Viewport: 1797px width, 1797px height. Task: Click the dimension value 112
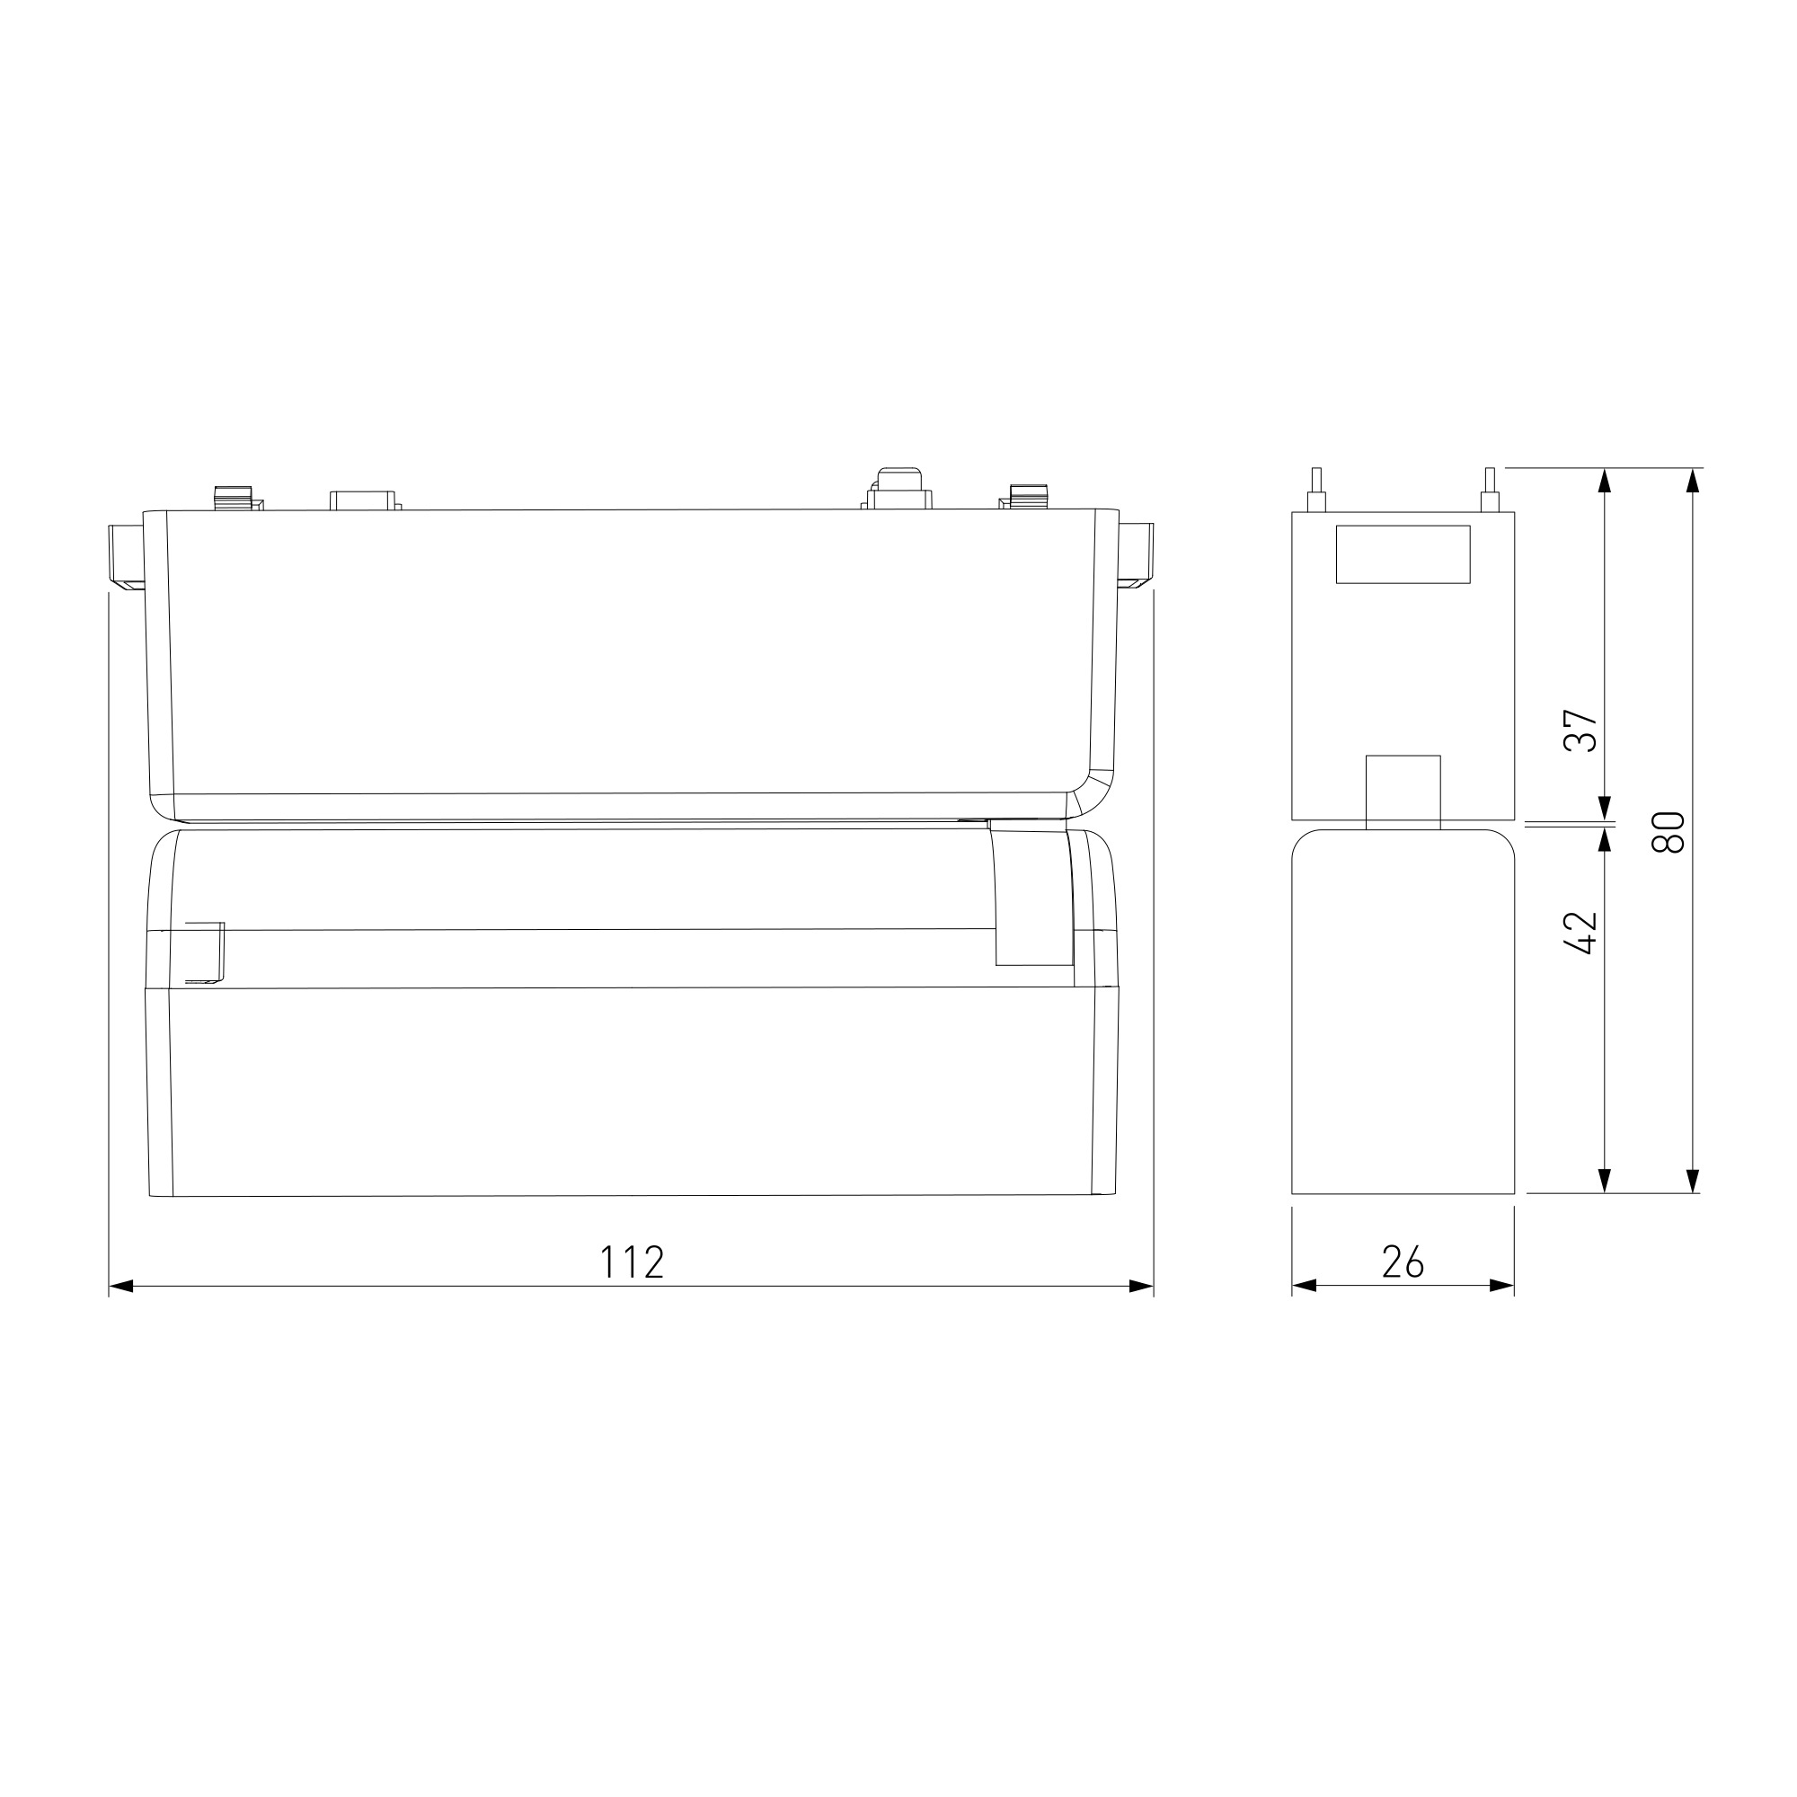tap(633, 1262)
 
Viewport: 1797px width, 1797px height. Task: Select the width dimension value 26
tap(1403, 1262)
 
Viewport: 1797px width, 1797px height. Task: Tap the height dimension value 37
tap(1580, 731)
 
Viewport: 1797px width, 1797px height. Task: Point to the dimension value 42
tap(1580, 932)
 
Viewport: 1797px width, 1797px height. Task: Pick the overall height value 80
tap(1669, 833)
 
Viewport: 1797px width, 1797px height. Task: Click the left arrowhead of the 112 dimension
tap(122, 1287)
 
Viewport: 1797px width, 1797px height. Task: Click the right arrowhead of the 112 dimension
tap(1141, 1287)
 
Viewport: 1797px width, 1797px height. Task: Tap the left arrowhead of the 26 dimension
tap(1305, 1287)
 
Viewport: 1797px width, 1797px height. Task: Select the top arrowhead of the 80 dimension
tap(1693, 480)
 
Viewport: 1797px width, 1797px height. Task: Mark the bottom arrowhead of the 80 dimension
tap(1693, 1181)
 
